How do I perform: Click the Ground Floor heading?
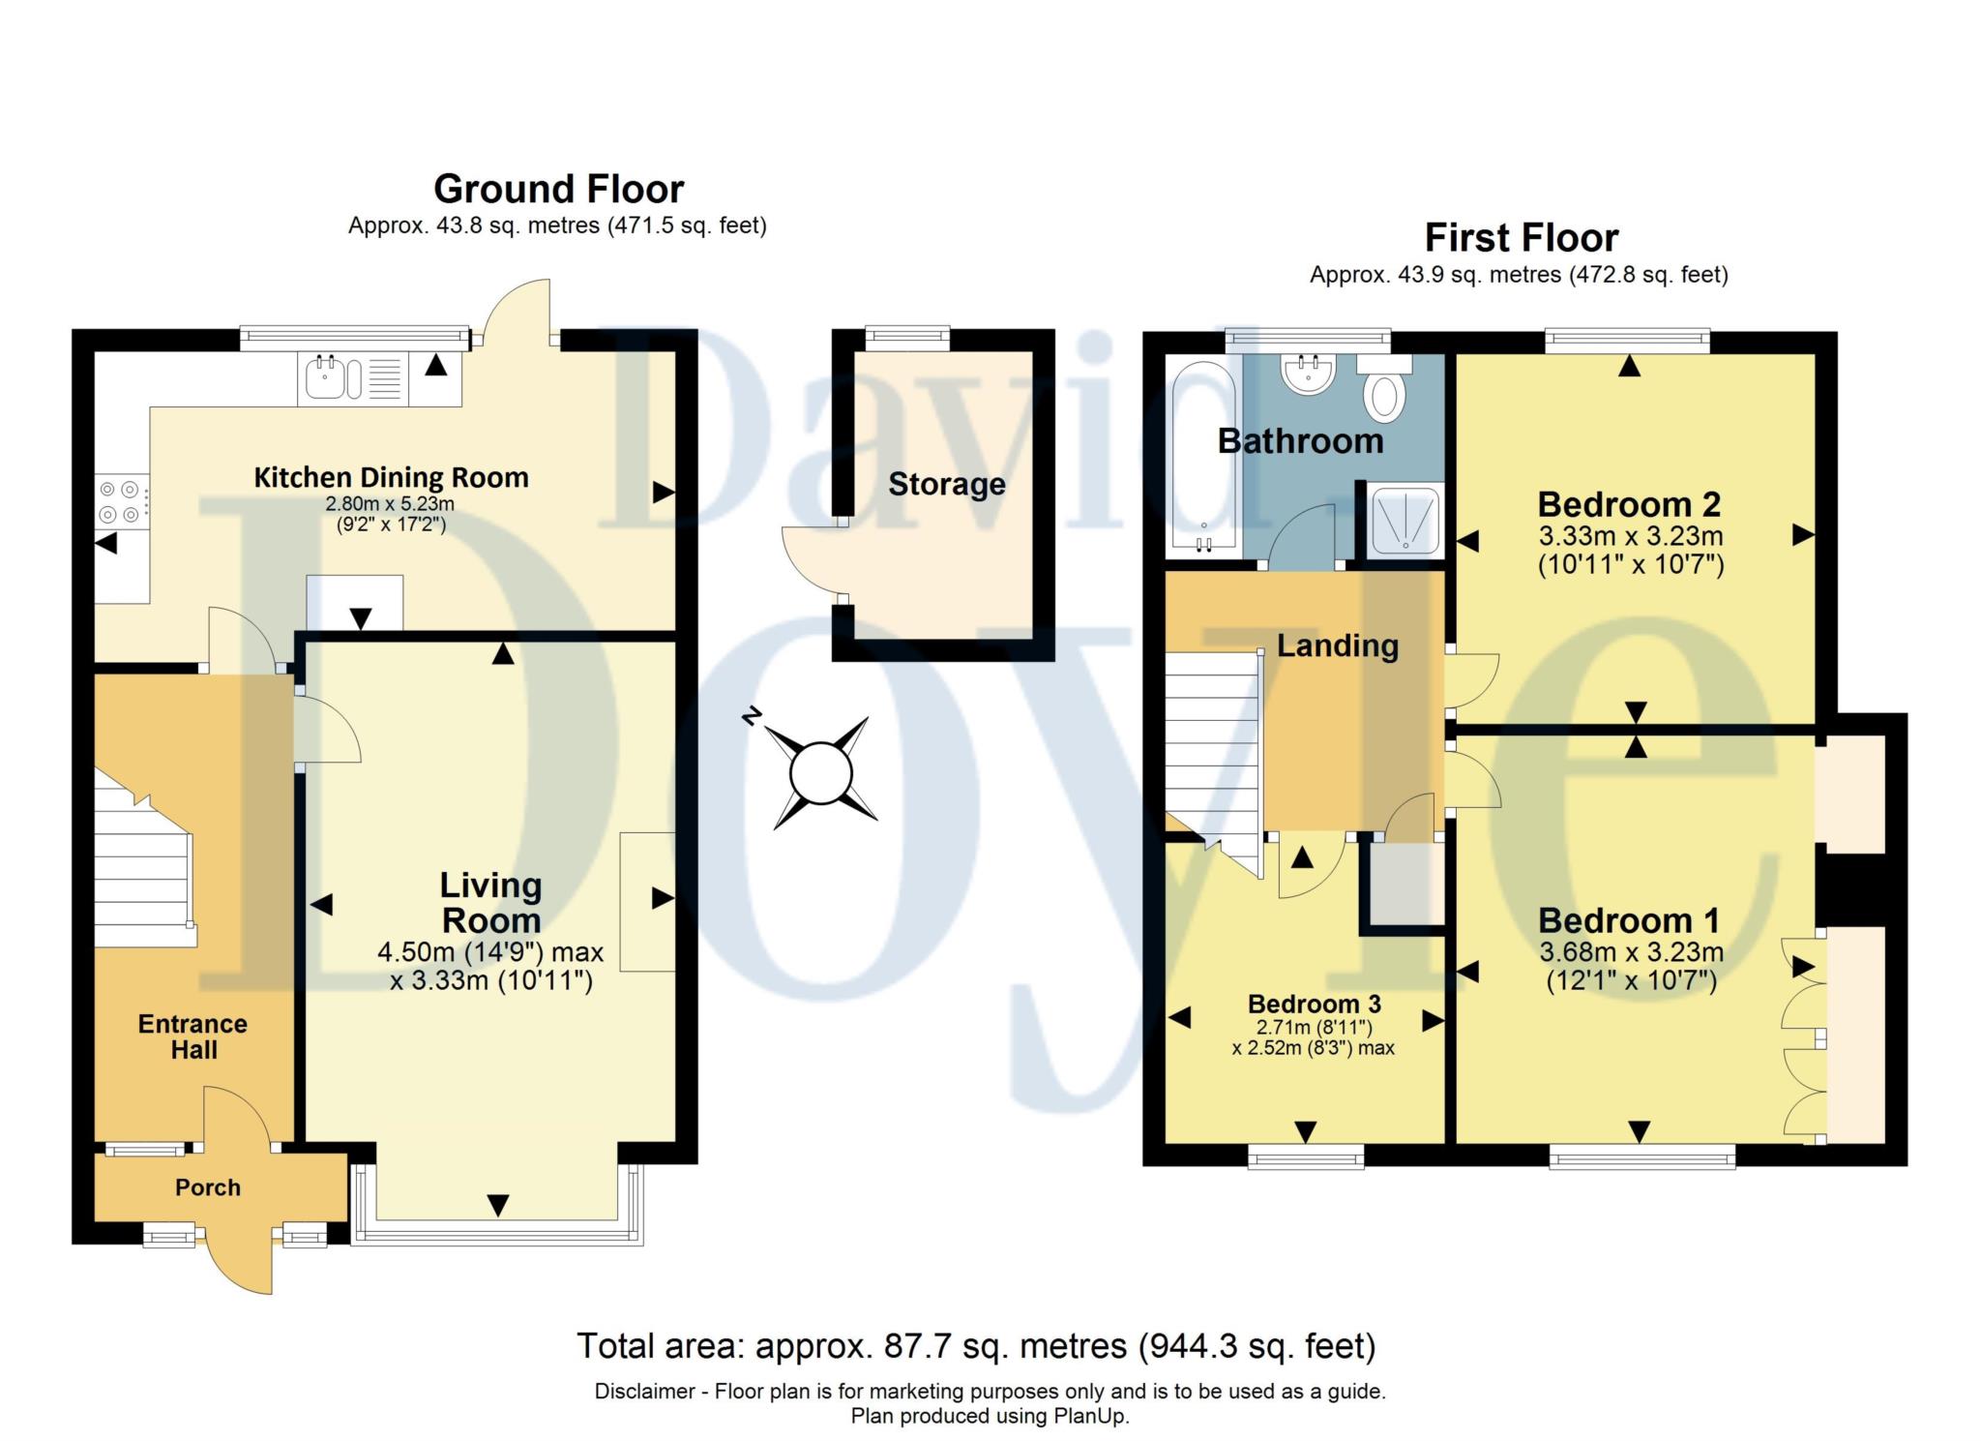tap(558, 189)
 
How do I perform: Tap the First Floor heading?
tap(1521, 238)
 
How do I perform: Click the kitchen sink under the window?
tap(334, 378)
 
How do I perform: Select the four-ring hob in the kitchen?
tap(122, 502)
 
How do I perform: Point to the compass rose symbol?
tap(820, 772)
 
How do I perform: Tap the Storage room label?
tap(946, 484)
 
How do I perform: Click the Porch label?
tap(207, 1187)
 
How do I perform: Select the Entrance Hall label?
tap(192, 1036)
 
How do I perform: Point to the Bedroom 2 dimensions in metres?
tap(1630, 535)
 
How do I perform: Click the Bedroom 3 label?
tap(1314, 1004)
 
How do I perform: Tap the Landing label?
tap(1337, 645)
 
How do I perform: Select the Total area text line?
tap(975, 1346)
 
